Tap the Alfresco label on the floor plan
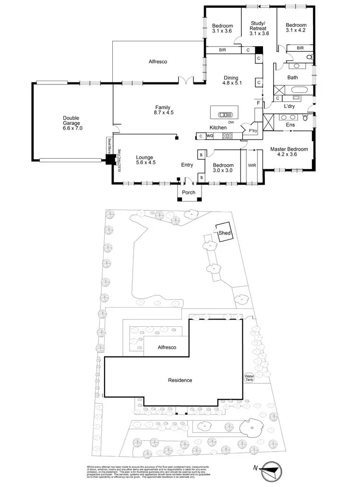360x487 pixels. tap(157, 61)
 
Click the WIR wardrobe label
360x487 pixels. tap(252, 166)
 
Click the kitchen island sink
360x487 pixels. tap(225, 115)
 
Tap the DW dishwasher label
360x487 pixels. tap(231, 123)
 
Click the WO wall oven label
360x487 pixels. tap(209, 136)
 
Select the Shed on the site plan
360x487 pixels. tap(225, 233)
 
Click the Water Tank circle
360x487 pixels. tap(249, 378)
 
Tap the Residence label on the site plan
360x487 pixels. tap(180, 380)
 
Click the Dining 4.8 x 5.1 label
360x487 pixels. tap(231, 80)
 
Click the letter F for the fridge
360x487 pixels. tap(258, 103)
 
